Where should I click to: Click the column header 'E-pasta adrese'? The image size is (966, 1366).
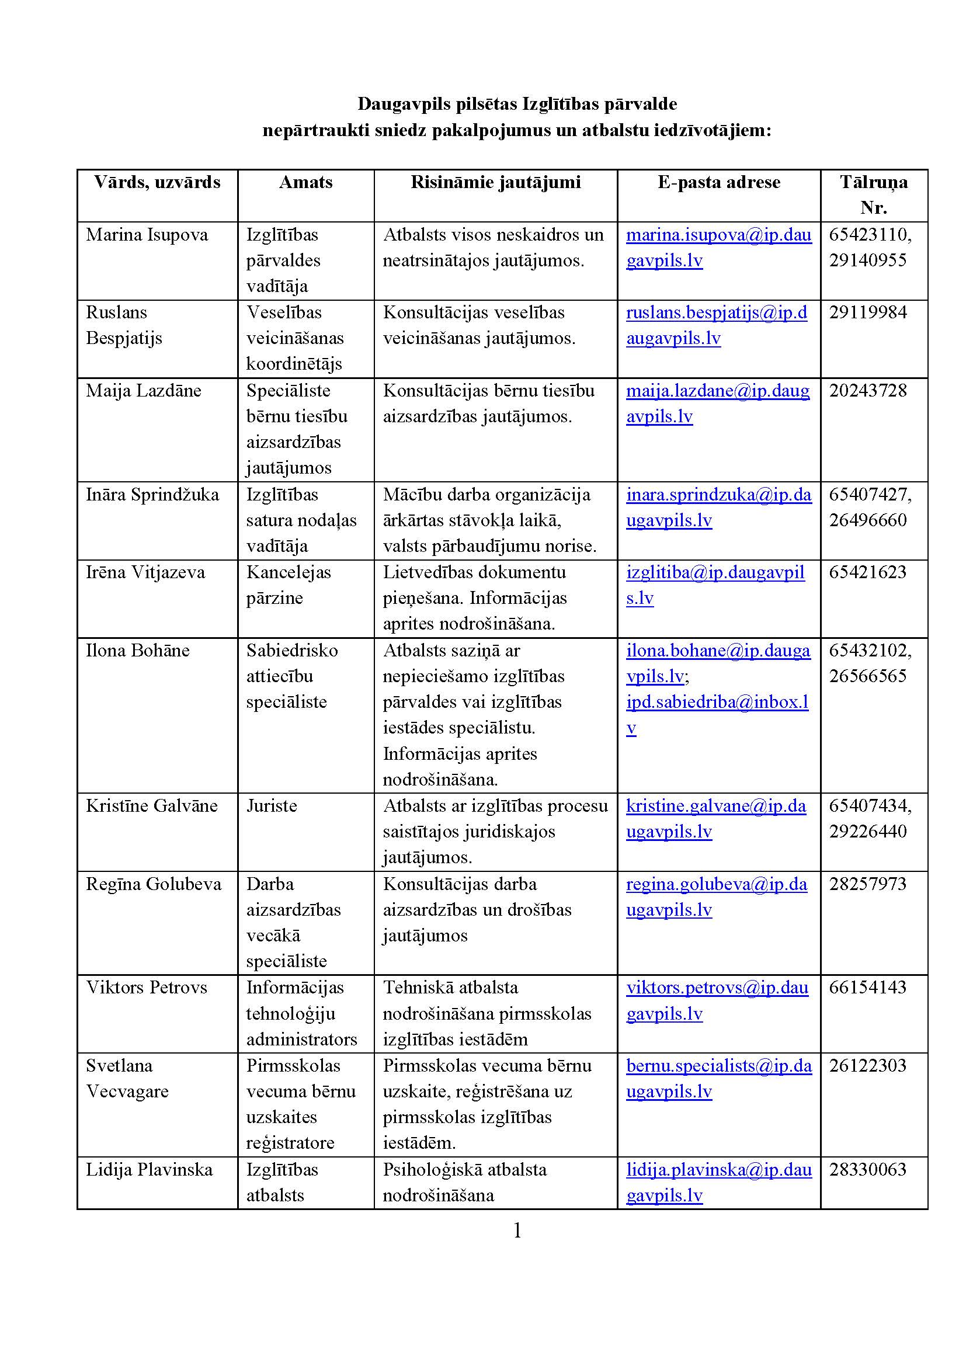click(718, 182)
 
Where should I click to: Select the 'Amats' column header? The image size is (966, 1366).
click(305, 182)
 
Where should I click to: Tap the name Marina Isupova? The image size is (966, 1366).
click(147, 235)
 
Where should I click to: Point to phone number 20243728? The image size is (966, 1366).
click(868, 391)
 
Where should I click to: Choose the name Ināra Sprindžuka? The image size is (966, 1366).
click(152, 495)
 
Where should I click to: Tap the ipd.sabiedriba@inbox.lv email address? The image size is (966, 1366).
click(717, 703)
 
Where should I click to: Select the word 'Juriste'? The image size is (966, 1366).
click(272, 806)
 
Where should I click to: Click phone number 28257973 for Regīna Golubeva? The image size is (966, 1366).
click(868, 884)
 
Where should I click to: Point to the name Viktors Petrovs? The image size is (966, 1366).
click(147, 988)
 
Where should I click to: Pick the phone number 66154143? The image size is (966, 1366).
click(868, 988)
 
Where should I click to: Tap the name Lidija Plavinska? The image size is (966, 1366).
click(150, 1170)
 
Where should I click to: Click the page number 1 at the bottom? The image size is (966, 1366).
click(517, 1231)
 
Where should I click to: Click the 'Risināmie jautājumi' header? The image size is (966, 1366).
click(495, 182)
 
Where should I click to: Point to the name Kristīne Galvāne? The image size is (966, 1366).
click(152, 806)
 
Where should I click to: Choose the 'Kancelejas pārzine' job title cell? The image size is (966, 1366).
click(289, 585)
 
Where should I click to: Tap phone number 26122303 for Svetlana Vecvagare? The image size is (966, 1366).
click(868, 1066)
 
